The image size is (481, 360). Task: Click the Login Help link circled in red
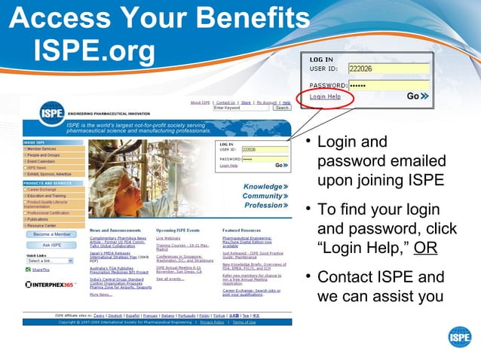click(x=325, y=96)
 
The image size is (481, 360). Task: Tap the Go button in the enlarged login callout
click(x=418, y=96)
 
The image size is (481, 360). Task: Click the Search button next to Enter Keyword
click(x=281, y=108)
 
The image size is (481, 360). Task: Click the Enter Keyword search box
click(x=242, y=108)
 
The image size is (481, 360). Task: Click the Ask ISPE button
click(x=52, y=245)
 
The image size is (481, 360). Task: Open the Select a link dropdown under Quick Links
click(x=50, y=261)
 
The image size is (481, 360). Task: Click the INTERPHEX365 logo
click(x=49, y=285)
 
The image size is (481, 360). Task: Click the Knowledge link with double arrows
click(x=265, y=187)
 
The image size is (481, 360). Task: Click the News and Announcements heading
click(x=117, y=230)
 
